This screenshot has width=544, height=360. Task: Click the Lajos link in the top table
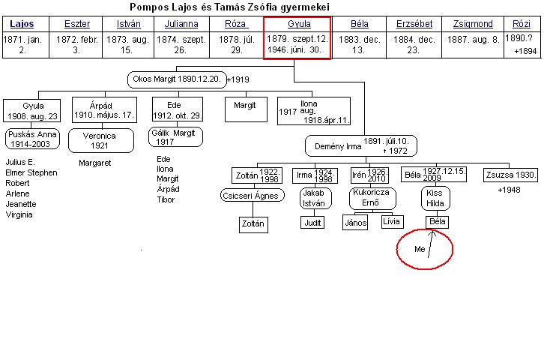click(22, 24)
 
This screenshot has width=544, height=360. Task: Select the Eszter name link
click(77, 24)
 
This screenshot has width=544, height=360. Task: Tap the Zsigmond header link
click(473, 24)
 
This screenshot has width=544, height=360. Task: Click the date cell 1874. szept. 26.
click(181, 45)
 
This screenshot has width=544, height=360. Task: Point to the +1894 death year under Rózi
click(525, 52)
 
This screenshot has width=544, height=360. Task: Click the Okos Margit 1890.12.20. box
click(177, 79)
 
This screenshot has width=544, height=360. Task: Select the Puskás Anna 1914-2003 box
click(32, 139)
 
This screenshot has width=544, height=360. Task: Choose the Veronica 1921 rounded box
click(101, 140)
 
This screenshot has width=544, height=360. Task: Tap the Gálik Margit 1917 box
click(175, 136)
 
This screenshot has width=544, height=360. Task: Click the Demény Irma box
click(361, 146)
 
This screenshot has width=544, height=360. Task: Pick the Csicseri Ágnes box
click(253, 196)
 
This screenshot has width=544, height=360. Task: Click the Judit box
click(312, 223)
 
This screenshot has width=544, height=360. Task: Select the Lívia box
click(392, 221)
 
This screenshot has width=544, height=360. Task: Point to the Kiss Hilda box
click(435, 198)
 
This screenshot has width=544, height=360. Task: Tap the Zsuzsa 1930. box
click(510, 175)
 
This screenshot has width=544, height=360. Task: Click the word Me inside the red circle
click(420, 249)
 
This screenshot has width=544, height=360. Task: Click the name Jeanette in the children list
click(21, 204)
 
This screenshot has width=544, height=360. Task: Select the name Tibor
click(166, 199)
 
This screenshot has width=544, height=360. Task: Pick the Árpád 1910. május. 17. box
click(104, 109)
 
